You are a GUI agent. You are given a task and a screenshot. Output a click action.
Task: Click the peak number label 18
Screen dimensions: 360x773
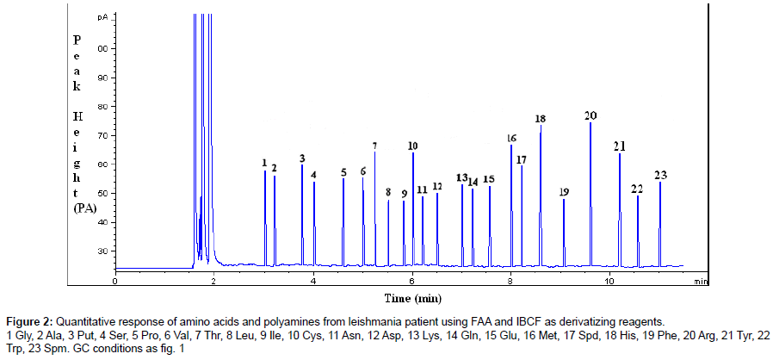541,119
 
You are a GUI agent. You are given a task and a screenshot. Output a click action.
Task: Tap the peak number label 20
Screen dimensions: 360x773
591,115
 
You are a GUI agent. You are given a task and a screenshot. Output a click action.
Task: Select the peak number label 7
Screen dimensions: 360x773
374,146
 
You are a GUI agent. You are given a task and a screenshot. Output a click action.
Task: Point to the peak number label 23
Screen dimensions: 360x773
660,176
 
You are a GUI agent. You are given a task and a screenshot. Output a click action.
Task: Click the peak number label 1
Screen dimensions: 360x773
265,162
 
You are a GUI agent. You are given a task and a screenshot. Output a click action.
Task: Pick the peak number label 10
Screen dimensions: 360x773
413,146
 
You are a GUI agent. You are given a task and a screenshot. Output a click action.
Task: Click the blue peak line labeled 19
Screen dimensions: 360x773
564,233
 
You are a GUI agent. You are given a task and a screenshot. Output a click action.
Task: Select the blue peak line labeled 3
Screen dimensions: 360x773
302,215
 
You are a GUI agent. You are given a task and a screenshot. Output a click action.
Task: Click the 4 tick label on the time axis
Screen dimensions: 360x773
313,282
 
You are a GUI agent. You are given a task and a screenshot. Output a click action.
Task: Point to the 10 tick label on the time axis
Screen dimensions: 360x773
609,282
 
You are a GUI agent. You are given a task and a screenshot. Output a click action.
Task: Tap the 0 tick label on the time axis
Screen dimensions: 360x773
115,282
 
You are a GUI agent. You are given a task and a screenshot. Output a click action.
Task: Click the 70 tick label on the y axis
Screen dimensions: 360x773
102,135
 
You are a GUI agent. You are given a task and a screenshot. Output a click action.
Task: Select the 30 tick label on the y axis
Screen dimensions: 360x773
102,251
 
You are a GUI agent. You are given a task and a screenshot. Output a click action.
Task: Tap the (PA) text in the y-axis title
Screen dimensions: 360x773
85,207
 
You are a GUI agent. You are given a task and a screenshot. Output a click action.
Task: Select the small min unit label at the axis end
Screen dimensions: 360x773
701,281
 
